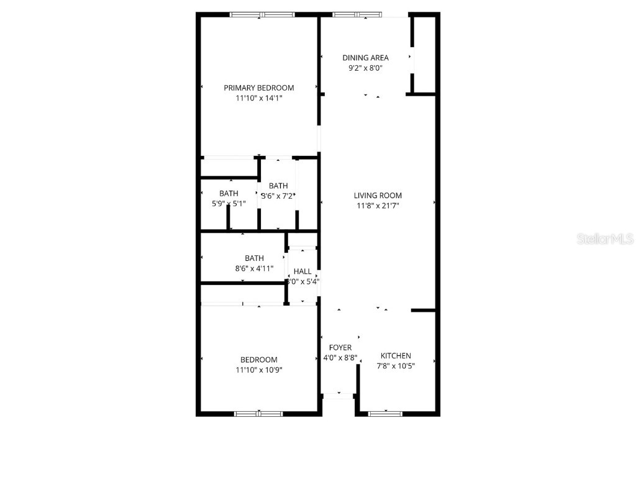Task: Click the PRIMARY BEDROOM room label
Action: tap(259, 88)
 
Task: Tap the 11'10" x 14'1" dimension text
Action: tap(259, 98)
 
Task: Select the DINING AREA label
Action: tap(365, 58)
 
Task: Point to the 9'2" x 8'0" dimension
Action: tap(365, 68)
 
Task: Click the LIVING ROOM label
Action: tap(378, 196)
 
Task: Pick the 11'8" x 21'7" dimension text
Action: tap(378, 206)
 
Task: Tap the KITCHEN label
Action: tap(396, 356)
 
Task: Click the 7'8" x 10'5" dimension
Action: tap(396, 366)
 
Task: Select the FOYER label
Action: tap(340, 347)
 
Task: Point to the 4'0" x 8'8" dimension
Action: tap(340, 358)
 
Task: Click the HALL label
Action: tap(302, 271)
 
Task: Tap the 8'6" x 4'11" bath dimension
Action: tap(254, 269)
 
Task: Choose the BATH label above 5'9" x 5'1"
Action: tap(229, 194)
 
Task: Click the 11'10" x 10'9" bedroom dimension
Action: tap(259, 370)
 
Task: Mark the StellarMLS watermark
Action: tap(605, 238)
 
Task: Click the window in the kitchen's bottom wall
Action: tap(385, 413)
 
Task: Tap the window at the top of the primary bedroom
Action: tap(261, 14)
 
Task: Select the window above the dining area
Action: tap(357, 14)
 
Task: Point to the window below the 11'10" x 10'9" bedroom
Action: tap(258, 413)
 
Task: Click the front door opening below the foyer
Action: tap(338, 396)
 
